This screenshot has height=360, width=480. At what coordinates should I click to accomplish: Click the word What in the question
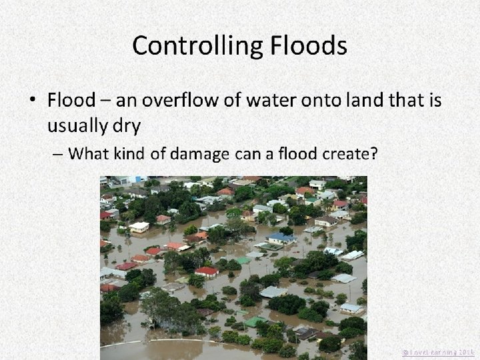coord(89,154)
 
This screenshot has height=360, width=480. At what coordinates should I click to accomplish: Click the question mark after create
coord(374,154)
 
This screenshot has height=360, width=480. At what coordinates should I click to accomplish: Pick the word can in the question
coord(248,154)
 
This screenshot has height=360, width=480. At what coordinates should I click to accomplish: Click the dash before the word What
coord(58,155)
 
